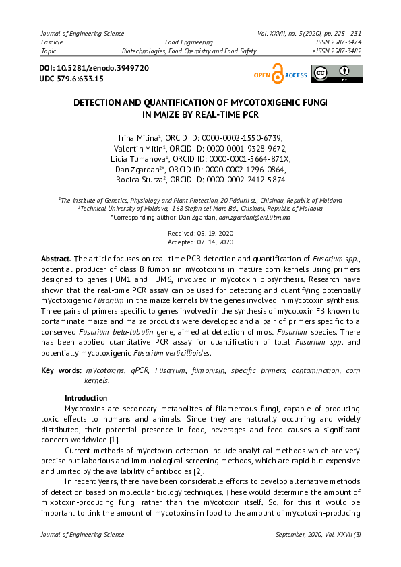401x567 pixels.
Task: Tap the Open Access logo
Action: (x=280, y=75)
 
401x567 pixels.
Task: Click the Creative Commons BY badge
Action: (x=336, y=74)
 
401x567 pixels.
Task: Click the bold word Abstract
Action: (x=56, y=259)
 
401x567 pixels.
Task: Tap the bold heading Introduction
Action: (x=86, y=398)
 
